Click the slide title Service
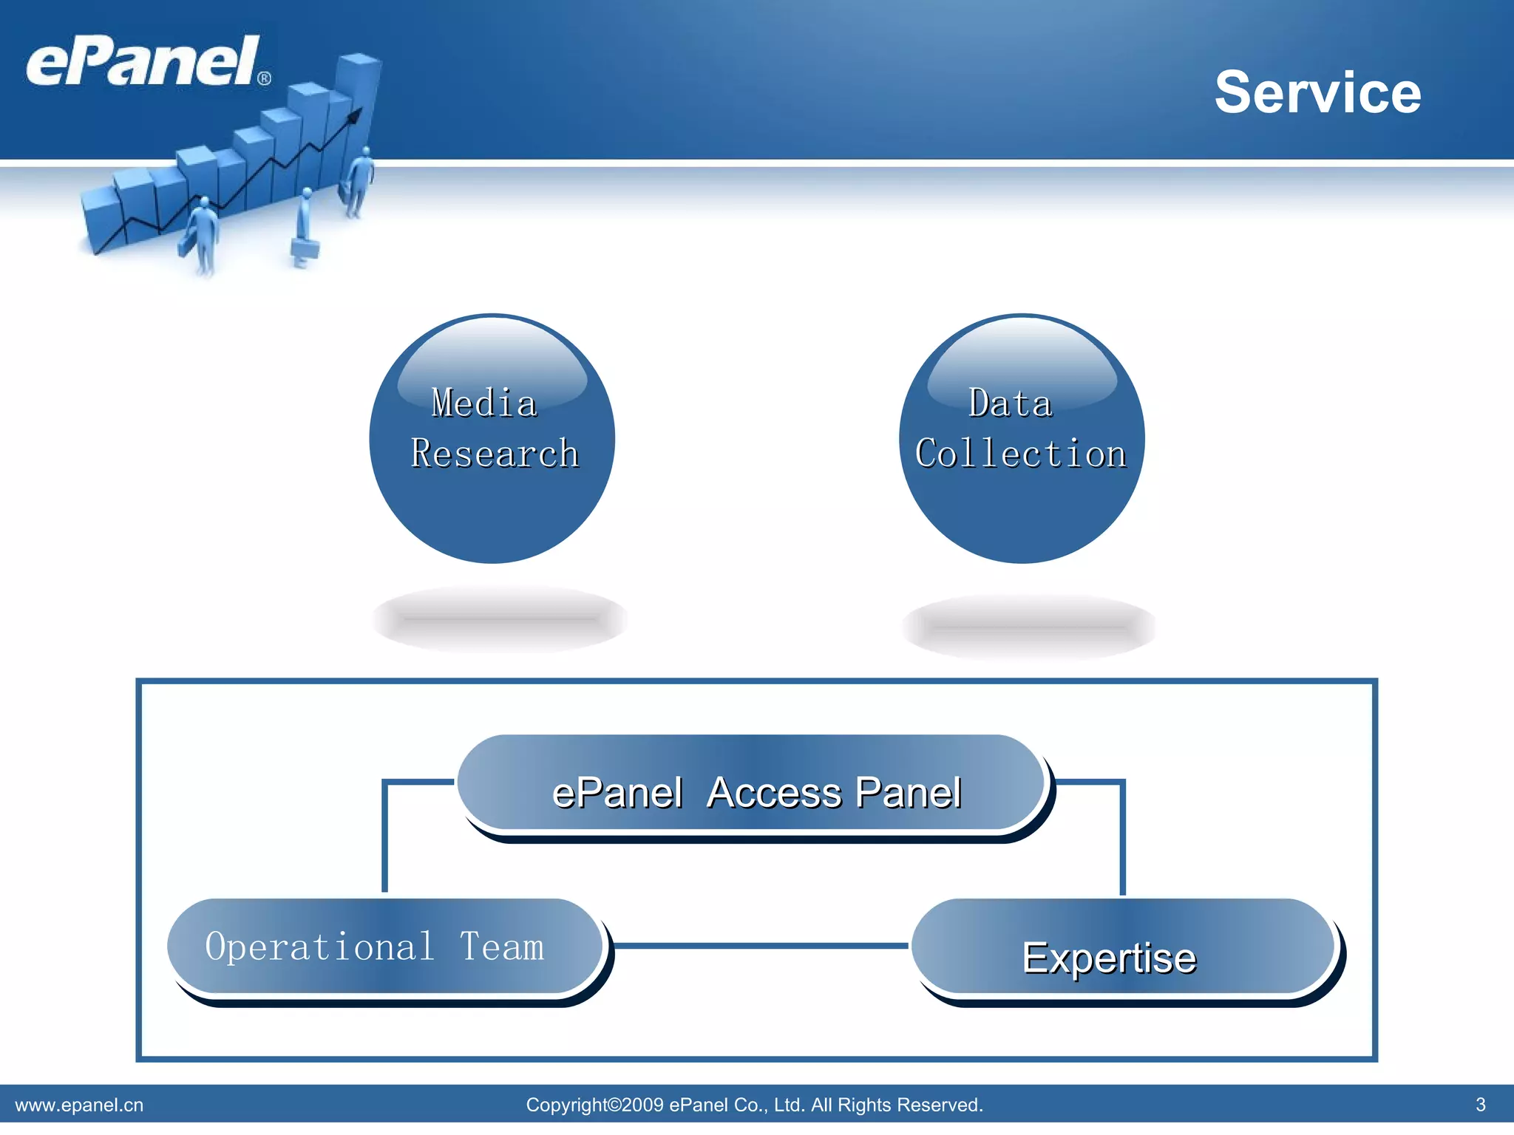click(x=1317, y=92)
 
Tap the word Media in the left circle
click(x=484, y=403)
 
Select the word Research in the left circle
click(x=495, y=454)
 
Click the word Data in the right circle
click(x=1010, y=403)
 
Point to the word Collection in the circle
click(x=1021, y=454)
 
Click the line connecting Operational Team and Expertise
click(x=761, y=945)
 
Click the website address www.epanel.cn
click(x=79, y=1105)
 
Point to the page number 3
click(x=1480, y=1104)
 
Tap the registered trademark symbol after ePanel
click(x=264, y=78)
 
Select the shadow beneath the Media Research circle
click(x=500, y=619)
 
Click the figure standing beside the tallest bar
click(x=360, y=181)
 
